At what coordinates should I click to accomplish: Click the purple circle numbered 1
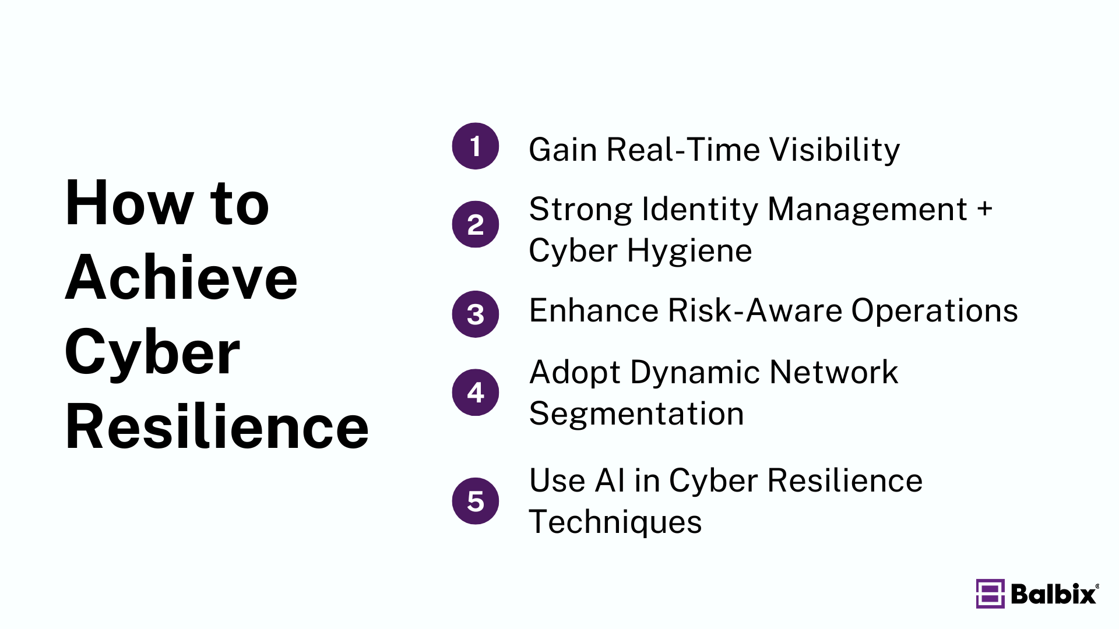(x=475, y=146)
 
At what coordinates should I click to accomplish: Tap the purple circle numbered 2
(x=475, y=224)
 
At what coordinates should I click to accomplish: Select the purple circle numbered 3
(x=475, y=314)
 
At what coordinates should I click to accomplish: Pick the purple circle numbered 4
(x=475, y=392)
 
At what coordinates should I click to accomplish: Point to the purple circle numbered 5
(x=475, y=501)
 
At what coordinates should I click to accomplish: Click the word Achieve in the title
(x=181, y=278)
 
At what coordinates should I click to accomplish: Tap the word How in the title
(x=129, y=203)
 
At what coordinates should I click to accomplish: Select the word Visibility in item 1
(x=835, y=150)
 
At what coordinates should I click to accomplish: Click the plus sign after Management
(x=985, y=209)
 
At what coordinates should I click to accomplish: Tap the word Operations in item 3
(x=934, y=310)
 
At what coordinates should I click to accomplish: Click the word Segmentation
(x=636, y=414)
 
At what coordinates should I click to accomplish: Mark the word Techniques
(x=615, y=522)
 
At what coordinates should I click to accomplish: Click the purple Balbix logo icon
(x=990, y=593)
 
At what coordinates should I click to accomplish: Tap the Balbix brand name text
(x=1054, y=594)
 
